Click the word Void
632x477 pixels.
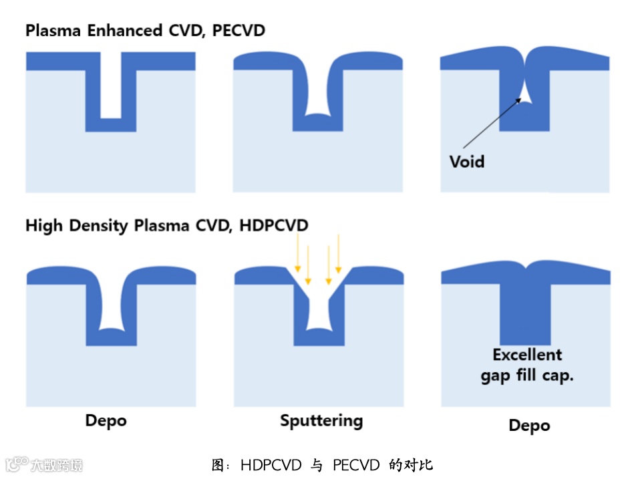click(x=466, y=161)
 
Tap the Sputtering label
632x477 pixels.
click(x=321, y=421)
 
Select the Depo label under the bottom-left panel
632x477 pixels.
click(x=106, y=421)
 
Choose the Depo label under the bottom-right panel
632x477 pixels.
click(x=529, y=426)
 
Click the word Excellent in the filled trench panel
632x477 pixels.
click(x=527, y=355)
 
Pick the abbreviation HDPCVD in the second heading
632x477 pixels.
click(x=274, y=225)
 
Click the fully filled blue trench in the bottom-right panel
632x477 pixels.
click(x=526, y=314)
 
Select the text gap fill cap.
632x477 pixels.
click(x=527, y=375)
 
